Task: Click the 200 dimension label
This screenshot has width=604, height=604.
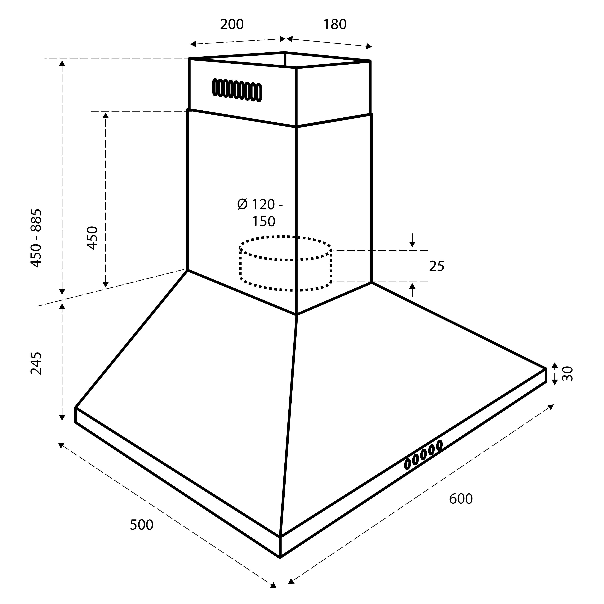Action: coord(232,24)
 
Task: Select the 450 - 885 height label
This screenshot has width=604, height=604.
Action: coord(36,238)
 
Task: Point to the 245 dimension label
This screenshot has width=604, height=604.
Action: coord(36,363)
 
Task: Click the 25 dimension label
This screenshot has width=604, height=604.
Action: coord(436,266)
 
